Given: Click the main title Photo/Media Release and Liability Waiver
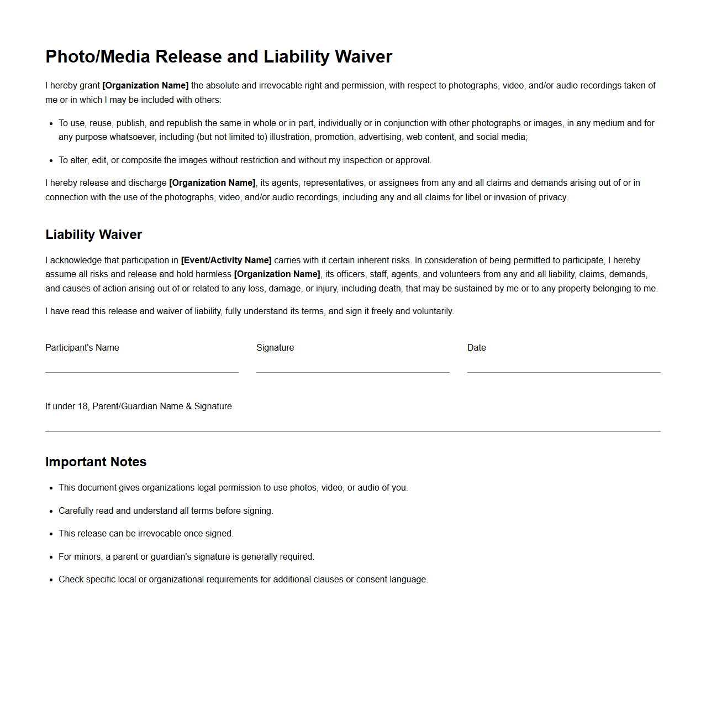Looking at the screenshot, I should pos(219,56).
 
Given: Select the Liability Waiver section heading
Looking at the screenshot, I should pos(93,235).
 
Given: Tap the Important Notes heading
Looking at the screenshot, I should pos(96,462).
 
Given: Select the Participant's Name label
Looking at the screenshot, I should pos(82,347).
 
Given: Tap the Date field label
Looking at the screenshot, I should pos(476,347).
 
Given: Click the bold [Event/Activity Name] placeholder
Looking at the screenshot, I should pos(226,260).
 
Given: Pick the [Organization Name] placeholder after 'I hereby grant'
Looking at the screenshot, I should pos(145,85).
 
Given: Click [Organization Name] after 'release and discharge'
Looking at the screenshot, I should pos(212,183).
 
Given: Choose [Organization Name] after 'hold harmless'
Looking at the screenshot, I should pos(277,274).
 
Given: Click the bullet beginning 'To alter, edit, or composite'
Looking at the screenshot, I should pos(245,160).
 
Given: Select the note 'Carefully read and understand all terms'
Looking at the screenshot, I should pos(166,510).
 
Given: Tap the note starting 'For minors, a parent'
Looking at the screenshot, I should pos(186,556).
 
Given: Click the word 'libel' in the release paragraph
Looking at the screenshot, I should pos(473,197).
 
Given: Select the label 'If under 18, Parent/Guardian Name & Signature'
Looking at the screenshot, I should pos(139,406).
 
